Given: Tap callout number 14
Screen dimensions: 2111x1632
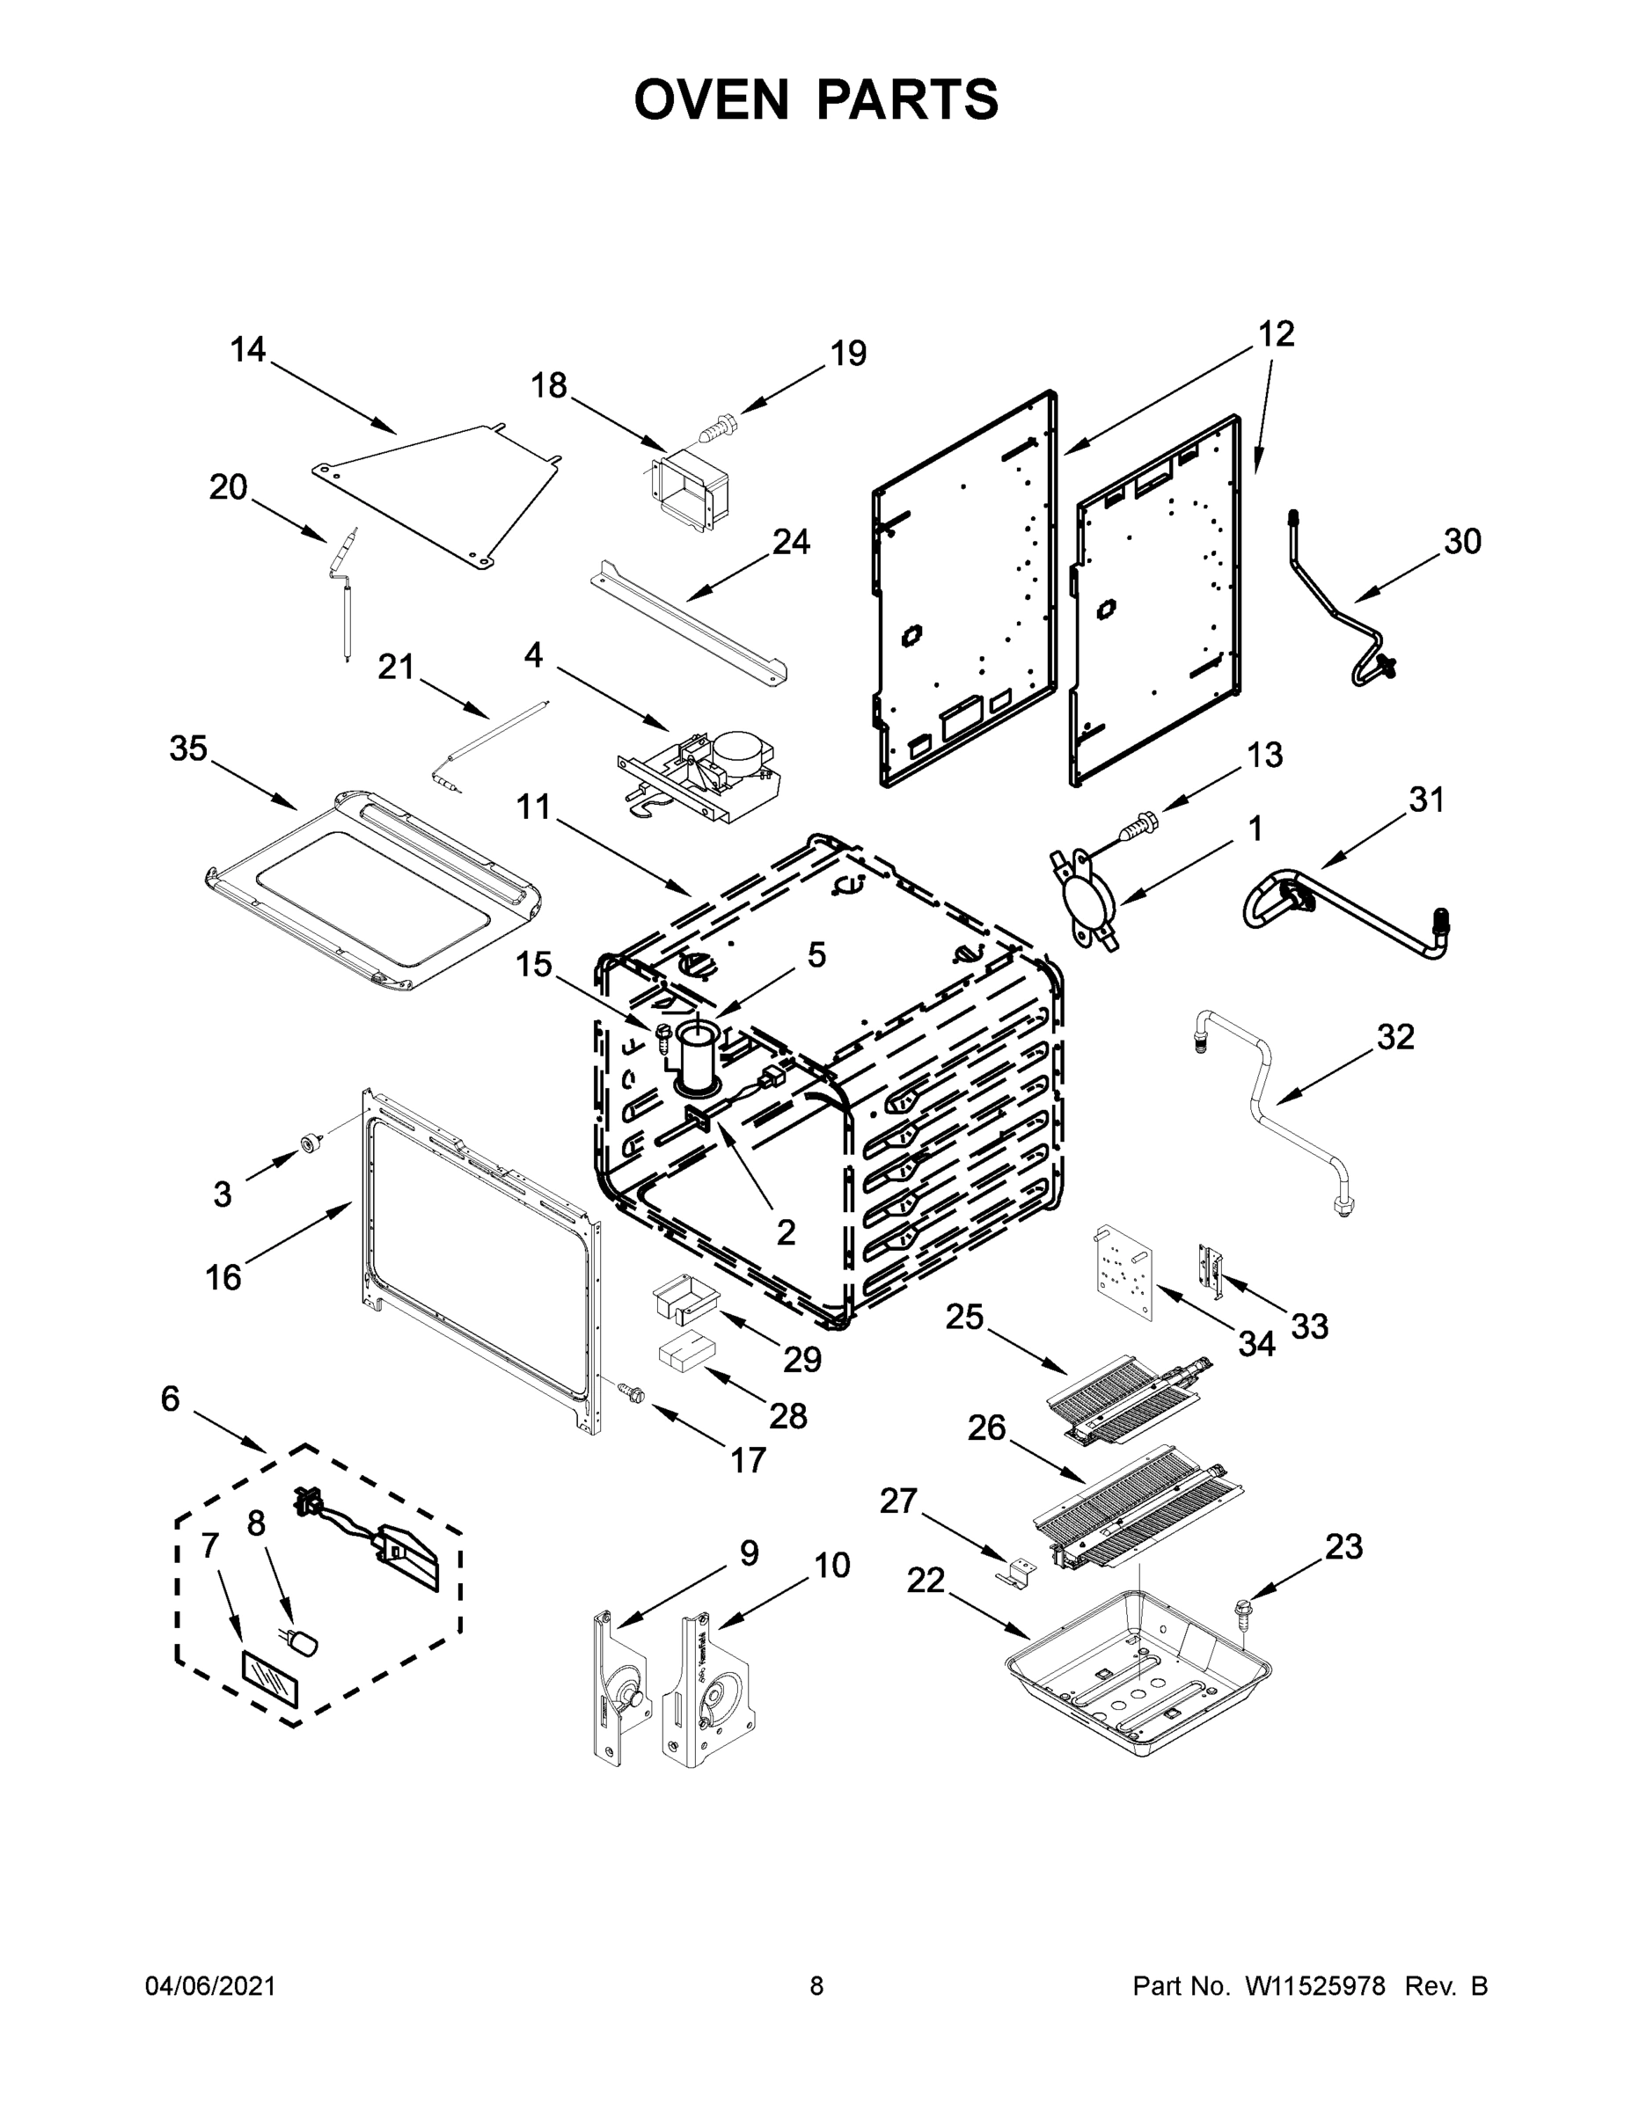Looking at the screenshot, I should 247,349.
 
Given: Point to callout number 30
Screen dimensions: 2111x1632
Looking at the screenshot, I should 1462,541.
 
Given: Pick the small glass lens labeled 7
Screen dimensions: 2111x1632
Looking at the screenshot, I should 270,1684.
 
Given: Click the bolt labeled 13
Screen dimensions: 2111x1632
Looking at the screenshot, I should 1139,828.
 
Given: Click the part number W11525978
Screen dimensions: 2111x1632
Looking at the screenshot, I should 1315,1986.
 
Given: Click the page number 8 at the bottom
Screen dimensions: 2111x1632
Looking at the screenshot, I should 816,1986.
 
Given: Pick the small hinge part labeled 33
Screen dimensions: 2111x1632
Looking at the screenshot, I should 1211,1267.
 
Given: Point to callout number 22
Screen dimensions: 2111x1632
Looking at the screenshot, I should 926,1581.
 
